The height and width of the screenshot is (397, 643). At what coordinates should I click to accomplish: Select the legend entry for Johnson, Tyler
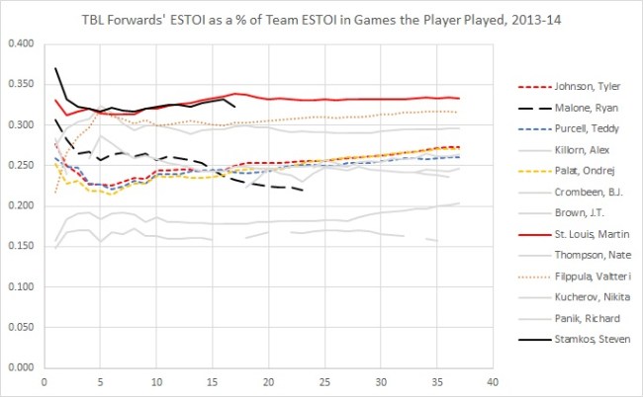pyautogui.click(x=577, y=84)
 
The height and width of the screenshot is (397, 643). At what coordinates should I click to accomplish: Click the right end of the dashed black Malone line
pyautogui.click(x=300, y=190)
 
